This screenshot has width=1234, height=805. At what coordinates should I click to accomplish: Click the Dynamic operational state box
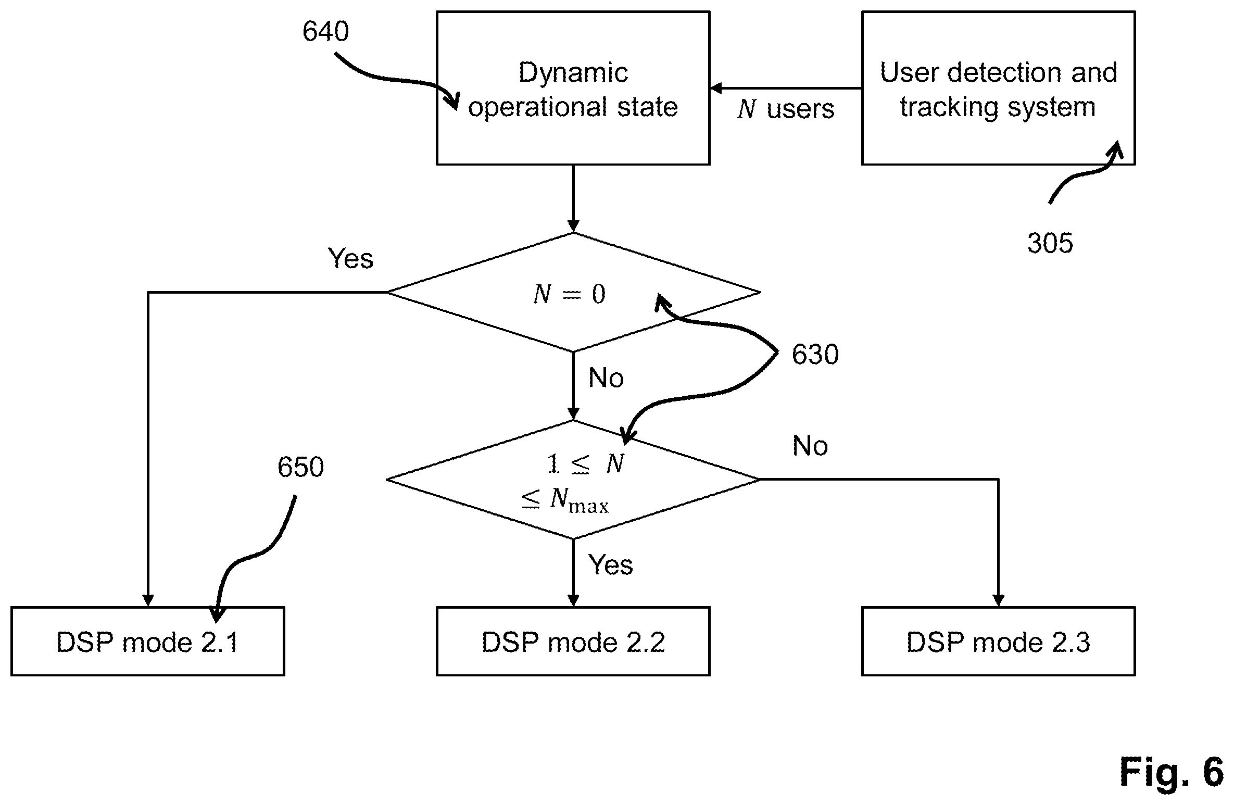point(573,88)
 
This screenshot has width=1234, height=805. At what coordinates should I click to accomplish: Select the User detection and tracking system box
point(998,88)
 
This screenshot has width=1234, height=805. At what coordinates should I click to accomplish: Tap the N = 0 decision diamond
point(573,292)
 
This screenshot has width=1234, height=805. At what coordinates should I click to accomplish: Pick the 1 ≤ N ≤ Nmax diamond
point(573,479)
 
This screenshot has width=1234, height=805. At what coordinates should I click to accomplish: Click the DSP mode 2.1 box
point(147,641)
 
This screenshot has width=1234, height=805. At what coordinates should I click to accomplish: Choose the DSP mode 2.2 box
point(573,641)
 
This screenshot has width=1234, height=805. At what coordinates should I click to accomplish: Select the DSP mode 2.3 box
point(998,641)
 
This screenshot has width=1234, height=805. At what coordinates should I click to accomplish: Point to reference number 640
point(325,31)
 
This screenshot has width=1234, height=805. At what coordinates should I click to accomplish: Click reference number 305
point(1050,243)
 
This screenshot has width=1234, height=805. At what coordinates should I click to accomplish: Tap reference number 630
point(815,355)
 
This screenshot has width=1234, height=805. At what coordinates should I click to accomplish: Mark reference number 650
point(300,467)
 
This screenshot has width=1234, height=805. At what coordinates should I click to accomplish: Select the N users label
point(786,109)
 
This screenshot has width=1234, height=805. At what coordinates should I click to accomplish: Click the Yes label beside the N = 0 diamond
point(350,258)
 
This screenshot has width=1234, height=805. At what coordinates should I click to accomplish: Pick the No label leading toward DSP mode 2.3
point(810,446)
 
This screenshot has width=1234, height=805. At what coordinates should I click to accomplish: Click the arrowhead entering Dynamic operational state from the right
point(716,88)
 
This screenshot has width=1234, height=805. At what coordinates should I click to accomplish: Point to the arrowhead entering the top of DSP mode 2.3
point(998,600)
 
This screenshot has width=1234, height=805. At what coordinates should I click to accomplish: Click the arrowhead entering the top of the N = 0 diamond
point(573,227)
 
